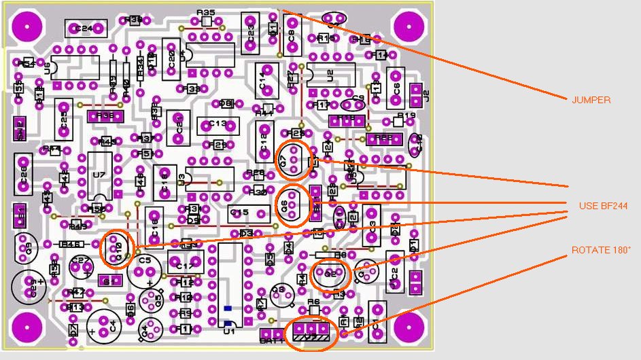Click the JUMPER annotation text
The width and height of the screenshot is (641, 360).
tap(591, 100)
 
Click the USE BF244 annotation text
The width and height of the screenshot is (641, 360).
tap(603, 206)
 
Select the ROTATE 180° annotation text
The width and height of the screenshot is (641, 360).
tap(601, 250)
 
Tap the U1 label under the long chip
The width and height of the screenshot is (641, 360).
tap(229, 331)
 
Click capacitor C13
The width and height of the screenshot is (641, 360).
tap(218, 125)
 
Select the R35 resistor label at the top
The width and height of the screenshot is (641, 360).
tap(205, 13)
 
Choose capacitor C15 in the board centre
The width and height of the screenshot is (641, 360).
tap(240, 213)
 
